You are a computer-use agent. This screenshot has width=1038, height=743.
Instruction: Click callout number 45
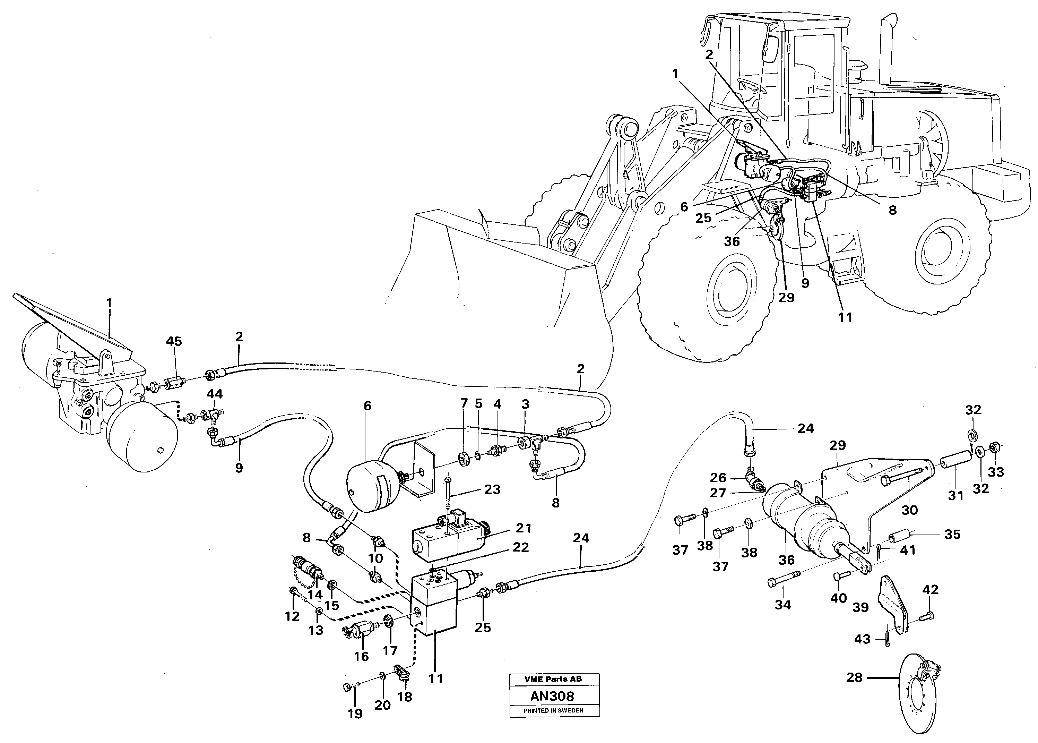point(174,341)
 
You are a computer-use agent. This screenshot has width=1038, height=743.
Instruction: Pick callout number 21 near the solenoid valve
point(524,528)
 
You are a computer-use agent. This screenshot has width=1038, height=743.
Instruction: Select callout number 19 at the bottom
point(355,714)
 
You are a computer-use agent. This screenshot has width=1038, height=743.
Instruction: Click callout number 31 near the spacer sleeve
point(956,495)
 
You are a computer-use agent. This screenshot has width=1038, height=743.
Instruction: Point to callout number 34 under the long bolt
point(783,605)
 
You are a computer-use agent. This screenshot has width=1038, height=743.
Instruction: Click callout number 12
point(292,616)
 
